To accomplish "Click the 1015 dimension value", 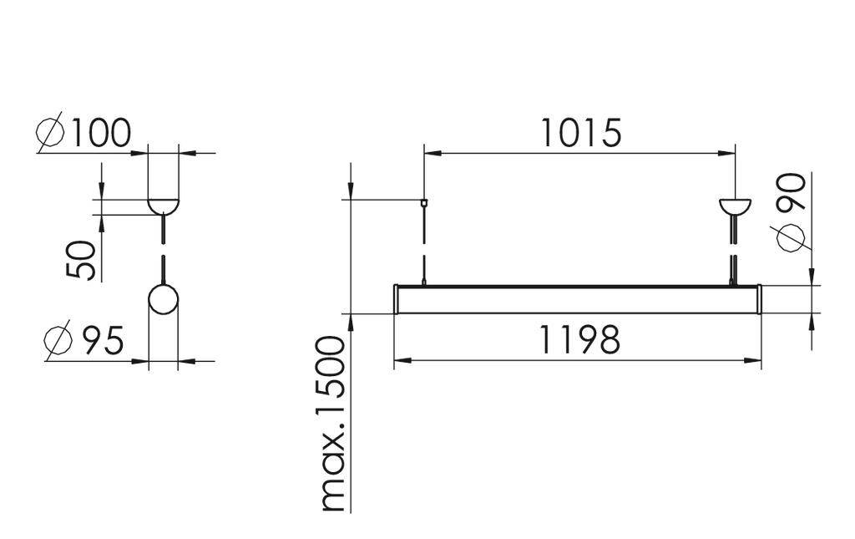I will point(580,133).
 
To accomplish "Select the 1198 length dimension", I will point(579,340).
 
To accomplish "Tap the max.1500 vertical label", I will point(333,424).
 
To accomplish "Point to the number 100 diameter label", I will point(100,134).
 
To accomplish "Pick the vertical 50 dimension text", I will point(81,260).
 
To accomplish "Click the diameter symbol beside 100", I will point(51,135).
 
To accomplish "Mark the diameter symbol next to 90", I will point(792,237).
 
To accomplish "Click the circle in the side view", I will point(163,299).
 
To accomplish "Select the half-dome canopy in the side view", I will point(163,205).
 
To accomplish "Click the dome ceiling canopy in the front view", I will point(735,206).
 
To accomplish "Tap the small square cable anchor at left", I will point(424,201).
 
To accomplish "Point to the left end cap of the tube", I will point(397,299).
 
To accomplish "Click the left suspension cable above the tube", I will point(424,242).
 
